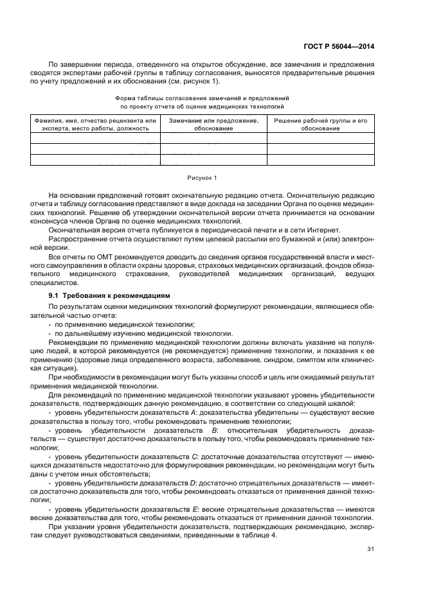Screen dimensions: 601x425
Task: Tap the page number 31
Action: tap(370, 548)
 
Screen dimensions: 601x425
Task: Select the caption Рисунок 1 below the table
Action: tap(202, 177)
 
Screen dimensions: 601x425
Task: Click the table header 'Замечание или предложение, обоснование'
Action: tap(213, 125)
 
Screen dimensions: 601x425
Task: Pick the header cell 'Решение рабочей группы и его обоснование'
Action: tap(320, 125)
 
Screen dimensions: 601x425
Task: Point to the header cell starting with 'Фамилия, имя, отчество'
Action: tap(95, 125)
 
